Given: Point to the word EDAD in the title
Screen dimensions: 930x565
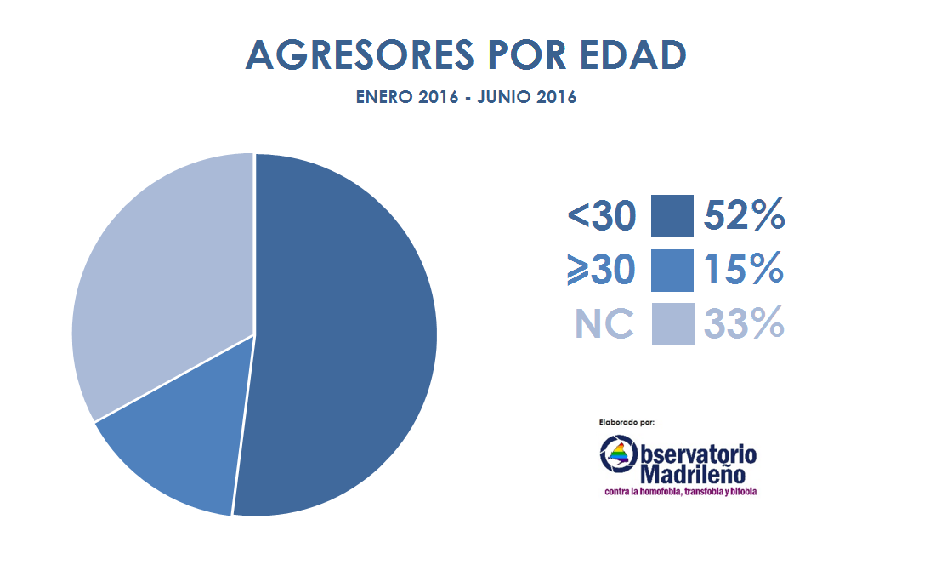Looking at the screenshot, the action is click(632, 55).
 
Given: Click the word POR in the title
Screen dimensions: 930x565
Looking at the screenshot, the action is click(527, 55).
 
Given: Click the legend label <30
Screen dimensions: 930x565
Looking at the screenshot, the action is click(601, 215).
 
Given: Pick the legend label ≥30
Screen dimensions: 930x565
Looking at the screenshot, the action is click(601, 270).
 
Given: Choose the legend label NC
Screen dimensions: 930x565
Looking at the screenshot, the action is click(604, 324).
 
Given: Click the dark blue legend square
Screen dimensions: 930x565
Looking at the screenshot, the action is click(672, 216).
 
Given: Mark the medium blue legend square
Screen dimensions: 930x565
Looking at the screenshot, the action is click(672, 271).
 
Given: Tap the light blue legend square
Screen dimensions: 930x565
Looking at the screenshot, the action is click(672, 324).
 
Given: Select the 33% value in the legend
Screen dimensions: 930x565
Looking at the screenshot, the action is click(745, 323).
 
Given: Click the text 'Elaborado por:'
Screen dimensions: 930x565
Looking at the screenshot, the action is click(627, 423).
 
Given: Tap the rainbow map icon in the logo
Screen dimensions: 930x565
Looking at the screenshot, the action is click(619, 455).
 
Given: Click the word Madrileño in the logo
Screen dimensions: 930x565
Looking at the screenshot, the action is click(693, 474).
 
